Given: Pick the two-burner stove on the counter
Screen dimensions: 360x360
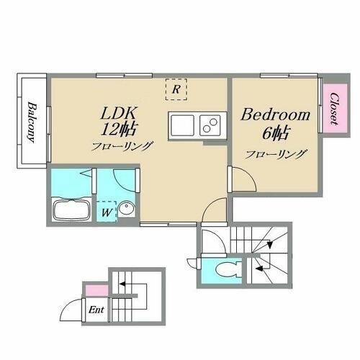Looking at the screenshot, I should click(x=210, y=125).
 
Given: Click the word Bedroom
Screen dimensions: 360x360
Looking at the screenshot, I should click(x=275, y=115).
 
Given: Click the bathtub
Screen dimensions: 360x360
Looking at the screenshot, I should click(x=71, y=211).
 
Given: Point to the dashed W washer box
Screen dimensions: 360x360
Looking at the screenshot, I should click(x=107, y=211).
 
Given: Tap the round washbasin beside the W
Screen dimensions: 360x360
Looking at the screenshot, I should click(x=126, y=210).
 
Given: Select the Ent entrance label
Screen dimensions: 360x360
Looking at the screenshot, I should click(x=95, y=311).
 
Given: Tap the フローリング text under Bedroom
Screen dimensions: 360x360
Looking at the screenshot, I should click(x=276, y=153).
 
